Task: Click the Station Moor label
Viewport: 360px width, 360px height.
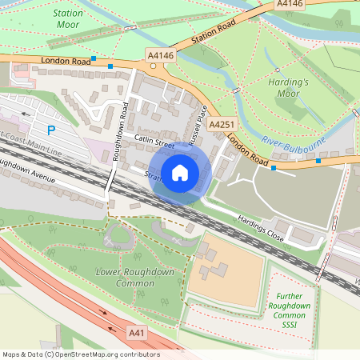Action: (x=68, y=20)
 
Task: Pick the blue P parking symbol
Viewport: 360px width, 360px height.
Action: (x=52, y=130)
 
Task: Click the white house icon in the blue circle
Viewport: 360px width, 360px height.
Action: (x=180, y=172)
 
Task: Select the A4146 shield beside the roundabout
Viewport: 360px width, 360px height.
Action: (x=160, y=54)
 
